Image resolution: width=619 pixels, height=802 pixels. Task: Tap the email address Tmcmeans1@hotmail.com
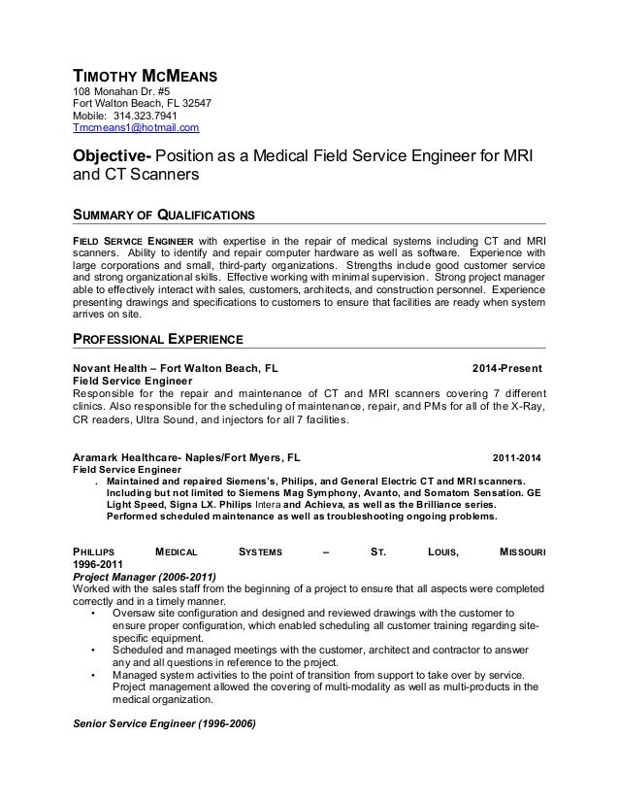click(137, 127)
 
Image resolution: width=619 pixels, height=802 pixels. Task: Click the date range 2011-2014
click(519, 455)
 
